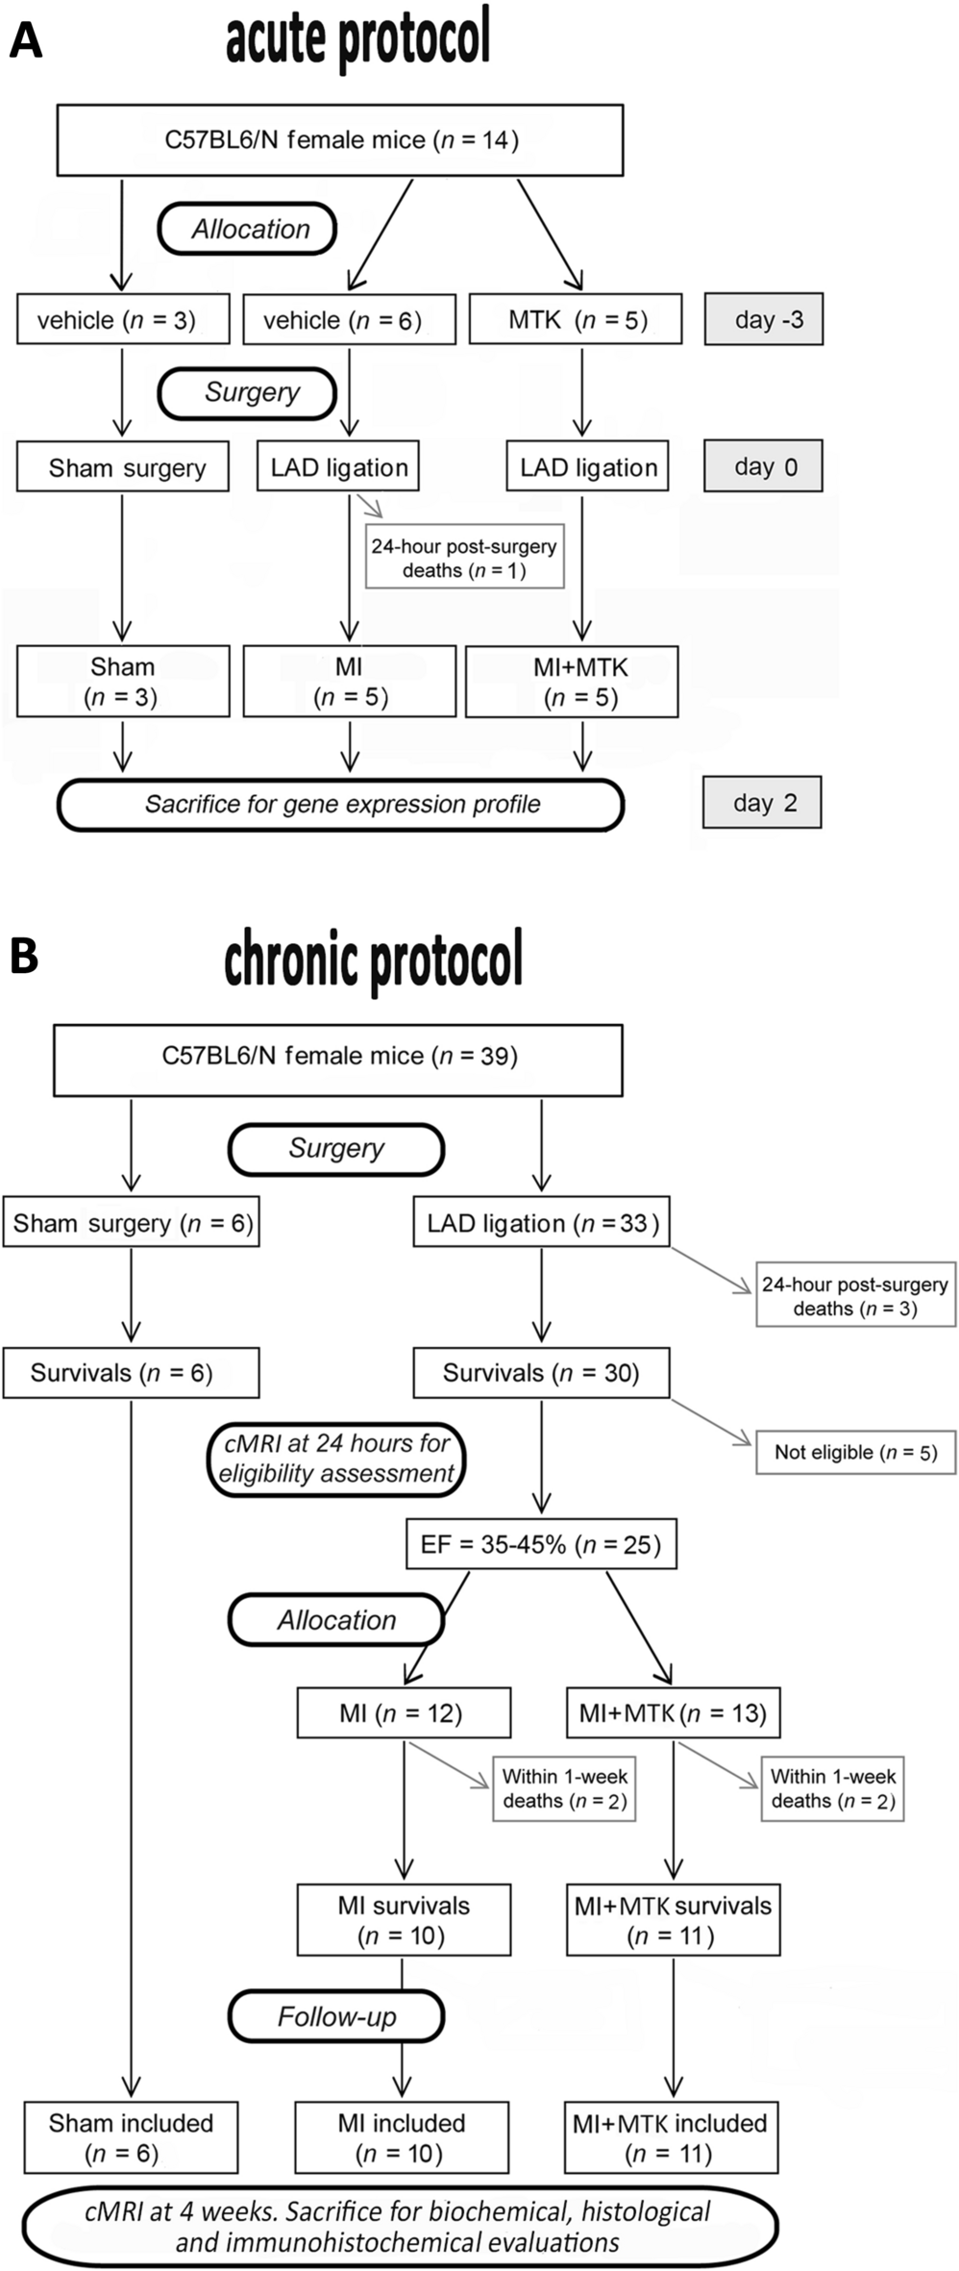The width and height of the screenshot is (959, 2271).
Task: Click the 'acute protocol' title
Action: pyautogui.click(x=357, y=38)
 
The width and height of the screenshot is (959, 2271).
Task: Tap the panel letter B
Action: pyautogui.click(x=24, y=957)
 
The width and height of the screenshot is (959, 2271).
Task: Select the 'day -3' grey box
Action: pyautogui.click(x=763, y=319)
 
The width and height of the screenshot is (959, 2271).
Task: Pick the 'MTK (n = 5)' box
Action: pyautogui.click(x=576, y=319)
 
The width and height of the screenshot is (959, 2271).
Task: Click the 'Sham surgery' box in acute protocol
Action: pyautogui.click(x=123, y=467)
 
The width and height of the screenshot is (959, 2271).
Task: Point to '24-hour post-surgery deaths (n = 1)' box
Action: pyautogui.click(x=464, y=558)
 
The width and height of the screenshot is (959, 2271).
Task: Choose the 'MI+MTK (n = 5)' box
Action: pyautogui.click(x=572, y=682)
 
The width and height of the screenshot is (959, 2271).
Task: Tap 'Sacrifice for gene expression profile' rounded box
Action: pyautogui.click(x=341, y=805)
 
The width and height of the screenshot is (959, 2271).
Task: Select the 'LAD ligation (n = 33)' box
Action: pyautogui.click(x=541, y=1222)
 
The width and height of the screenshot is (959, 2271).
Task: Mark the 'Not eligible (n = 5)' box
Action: pyautogui.click(x=855, y=1452)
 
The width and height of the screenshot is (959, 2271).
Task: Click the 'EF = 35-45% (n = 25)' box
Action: pyautogui.click(x=541, y=1544)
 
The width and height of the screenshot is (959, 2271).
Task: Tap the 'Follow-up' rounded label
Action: pyautogui.click(x=336, y=2016)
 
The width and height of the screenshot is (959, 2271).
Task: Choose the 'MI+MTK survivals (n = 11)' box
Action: pyautogui.click(x=673, y=1920)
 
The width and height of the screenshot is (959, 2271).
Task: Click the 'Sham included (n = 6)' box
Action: pyautogui.click(x=131, y=2137)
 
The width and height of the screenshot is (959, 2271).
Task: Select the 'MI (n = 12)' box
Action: pyautogui.click(x=404, y=1712)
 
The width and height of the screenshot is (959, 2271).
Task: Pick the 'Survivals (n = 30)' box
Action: pyautogui.click(x=541, y=1372)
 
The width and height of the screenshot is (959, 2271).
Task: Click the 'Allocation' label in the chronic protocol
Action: pyautogui.click(x=336, y=1620)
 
